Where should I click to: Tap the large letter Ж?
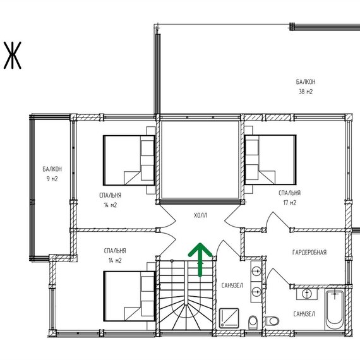coord(13,56)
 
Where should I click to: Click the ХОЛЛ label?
coord(200,215)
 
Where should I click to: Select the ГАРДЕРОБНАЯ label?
coord(309,253)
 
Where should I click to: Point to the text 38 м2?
coord(306,92)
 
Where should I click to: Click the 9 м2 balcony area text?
coord(52,179)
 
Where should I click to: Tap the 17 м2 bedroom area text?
coord(290,203)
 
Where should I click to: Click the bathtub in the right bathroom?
coord(335,309)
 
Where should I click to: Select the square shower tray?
coord(229,318)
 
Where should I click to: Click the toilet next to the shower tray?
coord(253,322)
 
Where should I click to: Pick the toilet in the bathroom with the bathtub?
coord(272,321)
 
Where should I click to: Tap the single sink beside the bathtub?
coord(307,294)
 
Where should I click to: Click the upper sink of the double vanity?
coord(256,271)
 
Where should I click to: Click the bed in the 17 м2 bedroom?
coord(270,160)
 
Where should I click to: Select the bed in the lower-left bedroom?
coord(129,296)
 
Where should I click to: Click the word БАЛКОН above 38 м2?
coord(306,81)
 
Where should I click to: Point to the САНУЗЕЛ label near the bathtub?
coord(304,314)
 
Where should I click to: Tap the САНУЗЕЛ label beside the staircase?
coord(232,285)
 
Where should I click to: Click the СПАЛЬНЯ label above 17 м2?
coord(289,193)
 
